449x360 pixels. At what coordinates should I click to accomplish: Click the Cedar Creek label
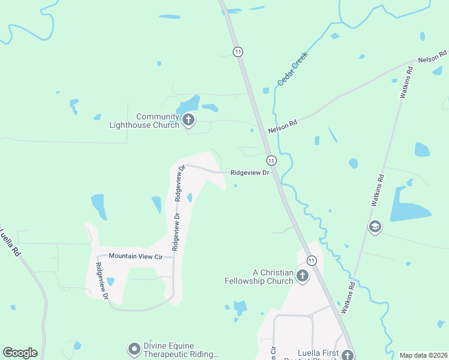[x=292, y=68]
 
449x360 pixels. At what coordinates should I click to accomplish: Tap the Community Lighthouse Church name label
[x=157, y=121]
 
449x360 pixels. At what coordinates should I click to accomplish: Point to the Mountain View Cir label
[x=136, y=256]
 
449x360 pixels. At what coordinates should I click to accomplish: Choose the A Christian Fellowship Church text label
[x=259, y=277]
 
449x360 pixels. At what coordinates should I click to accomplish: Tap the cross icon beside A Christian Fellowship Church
[x=302, y=276]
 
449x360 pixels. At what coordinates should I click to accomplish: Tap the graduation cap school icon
[x=375, y=226]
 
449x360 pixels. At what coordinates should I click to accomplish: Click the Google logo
[x=20, y=353]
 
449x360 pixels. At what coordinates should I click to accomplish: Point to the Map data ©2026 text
[x=423, y=355]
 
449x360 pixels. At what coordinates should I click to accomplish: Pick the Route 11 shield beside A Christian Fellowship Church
[x=311, y=260]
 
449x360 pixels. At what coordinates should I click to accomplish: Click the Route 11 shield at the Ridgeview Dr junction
[x=271, y=160]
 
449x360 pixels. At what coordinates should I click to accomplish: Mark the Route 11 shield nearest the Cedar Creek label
[x=239, y=52]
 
